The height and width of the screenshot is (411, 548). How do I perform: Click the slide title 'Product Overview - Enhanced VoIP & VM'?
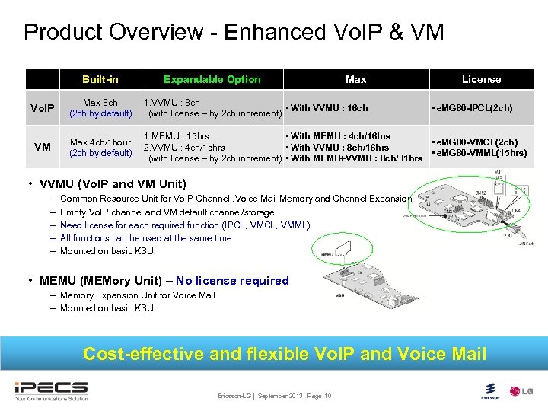[x=234, y=32]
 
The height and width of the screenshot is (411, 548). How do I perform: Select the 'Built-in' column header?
[x=100, y=79]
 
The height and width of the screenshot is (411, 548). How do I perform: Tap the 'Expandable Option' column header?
[x=212, y=79]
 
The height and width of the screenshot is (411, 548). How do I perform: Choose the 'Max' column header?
[x=355, y=79]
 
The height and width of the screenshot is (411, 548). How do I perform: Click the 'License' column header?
[x=481, y=79]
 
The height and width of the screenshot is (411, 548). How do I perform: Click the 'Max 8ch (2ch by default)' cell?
[x=100, y=108]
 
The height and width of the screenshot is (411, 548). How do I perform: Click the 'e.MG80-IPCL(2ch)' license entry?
[x=472, y=108]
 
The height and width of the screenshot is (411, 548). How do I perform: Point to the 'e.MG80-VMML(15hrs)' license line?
[x=479, y=153]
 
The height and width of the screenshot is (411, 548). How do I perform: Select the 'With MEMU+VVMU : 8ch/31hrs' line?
[x=354, y=158]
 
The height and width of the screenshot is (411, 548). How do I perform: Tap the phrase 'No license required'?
[x=232, y=281]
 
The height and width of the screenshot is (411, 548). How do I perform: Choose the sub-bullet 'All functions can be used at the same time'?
[x=145, y=238]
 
